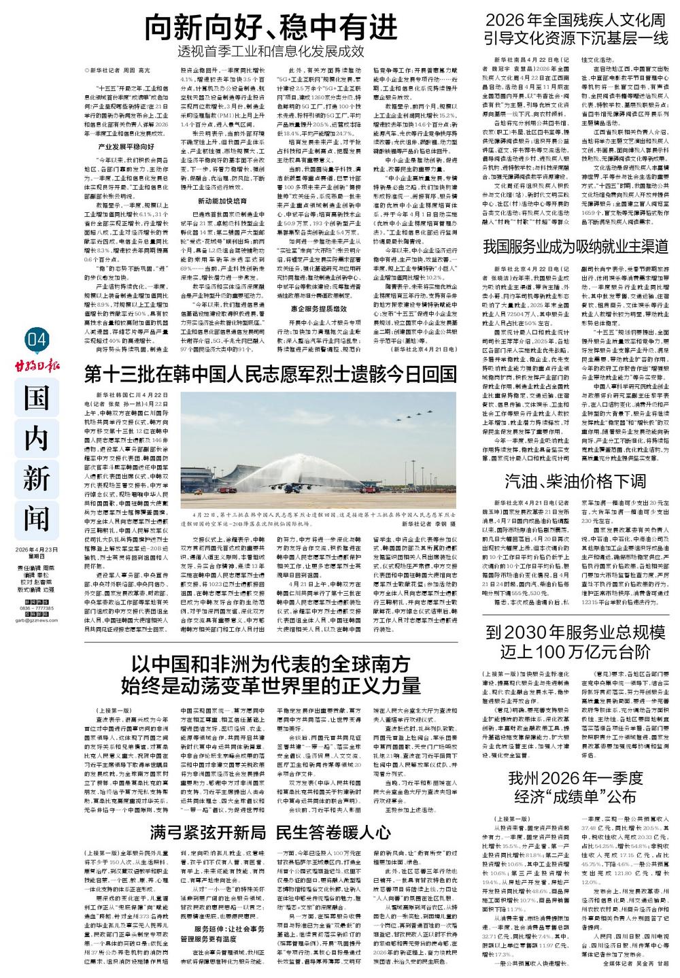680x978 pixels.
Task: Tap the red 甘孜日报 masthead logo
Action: click(x=37, y=367)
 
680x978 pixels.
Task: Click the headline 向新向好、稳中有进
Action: click(x=271, y=28)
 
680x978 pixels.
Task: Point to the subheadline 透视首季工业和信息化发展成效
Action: click(x=271, y=52)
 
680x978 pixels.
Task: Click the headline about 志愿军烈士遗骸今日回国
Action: click(x=270, y=373)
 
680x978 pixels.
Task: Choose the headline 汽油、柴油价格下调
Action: click(x=575, y=481)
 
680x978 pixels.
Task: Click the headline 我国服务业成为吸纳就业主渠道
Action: click(x=575, y=246)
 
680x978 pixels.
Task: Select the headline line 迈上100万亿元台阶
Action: click(x=575, y=653)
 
